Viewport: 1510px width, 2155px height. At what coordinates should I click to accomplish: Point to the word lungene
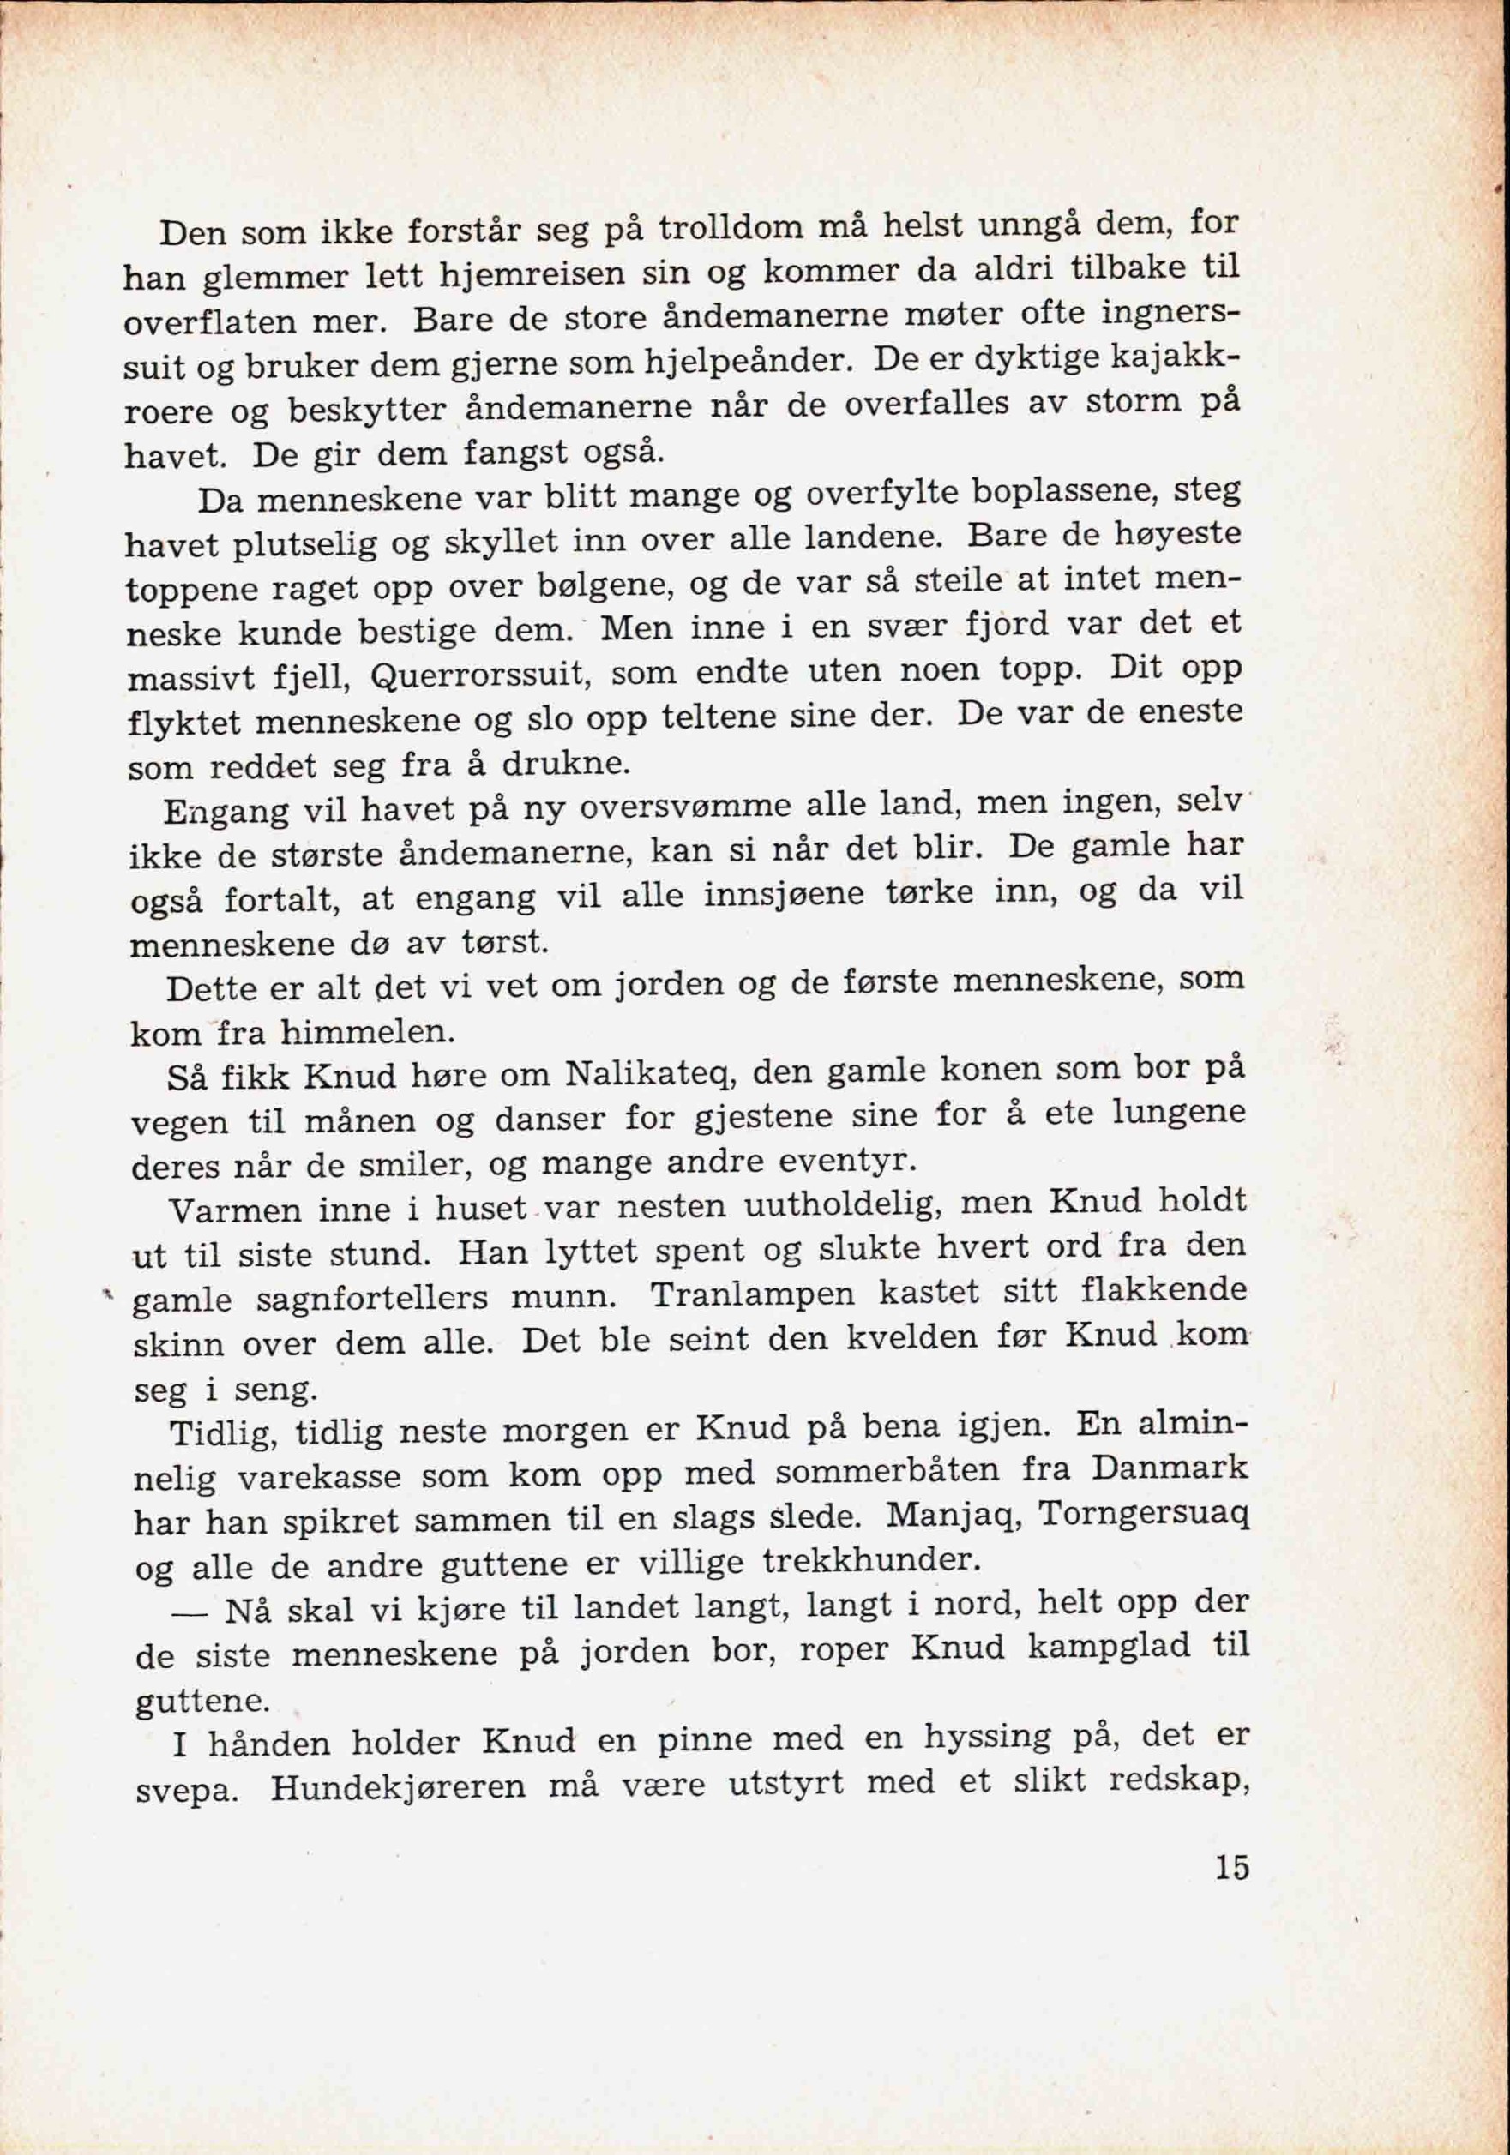coord(1178,1114)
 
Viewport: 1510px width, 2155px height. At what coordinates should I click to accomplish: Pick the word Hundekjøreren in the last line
coord(397,1787)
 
